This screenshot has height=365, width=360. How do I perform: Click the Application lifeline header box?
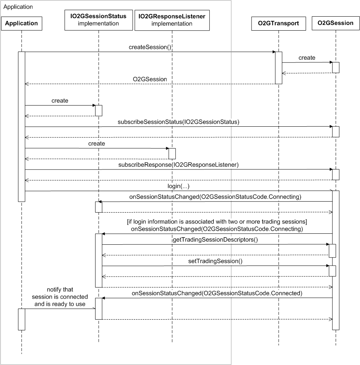point(22,23)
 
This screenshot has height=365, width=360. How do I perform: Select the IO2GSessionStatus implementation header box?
point(98,20)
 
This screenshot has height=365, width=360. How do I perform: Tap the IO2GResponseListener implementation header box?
point(172,20)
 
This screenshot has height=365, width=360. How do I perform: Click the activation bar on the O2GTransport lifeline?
point(278,67)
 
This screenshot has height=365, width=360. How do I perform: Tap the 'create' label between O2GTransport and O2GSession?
point(307,58)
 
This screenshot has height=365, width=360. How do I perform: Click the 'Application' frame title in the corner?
point(18,7)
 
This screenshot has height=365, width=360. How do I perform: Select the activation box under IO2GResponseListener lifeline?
point(172,153)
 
